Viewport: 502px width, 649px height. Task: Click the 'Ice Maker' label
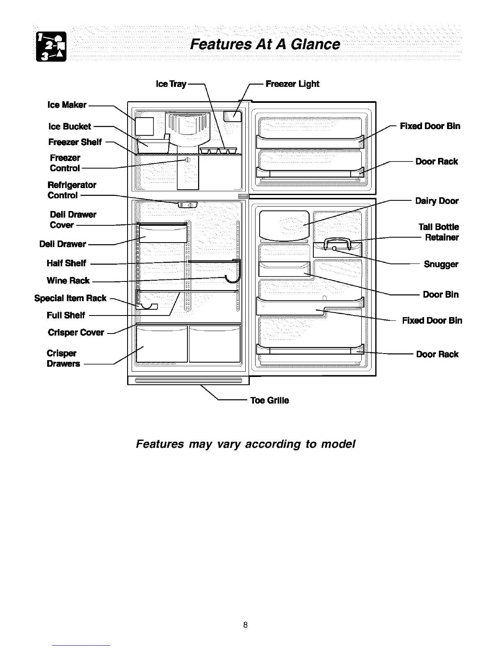pyautogui.click(x=67, y=105)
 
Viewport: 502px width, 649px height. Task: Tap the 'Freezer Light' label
pyautogui.click(x=292, y=84)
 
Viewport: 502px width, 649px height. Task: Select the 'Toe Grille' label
pyautogui.click(x=270, y=400)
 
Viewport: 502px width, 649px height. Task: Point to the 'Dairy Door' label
pyautogui.click(x=437, y=201)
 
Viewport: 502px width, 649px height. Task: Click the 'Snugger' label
pyautogui.click(x=441, y=264)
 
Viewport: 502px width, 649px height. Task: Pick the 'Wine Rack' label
pyautogui.click(x=68, y=280)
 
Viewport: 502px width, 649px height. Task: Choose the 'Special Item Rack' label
pyautogui.click(x=70, y=298)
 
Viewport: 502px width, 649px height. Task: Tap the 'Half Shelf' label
pyautogui.click(x=66, y=263)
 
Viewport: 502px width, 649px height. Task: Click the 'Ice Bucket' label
pyautogui.click(x=70, y=126)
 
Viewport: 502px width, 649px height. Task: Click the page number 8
pyautogui.click(x=245, y=625)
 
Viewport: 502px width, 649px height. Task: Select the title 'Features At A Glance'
pyautogui.click(x=265, y=44)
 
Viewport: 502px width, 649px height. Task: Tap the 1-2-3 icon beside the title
pyautogui.click(x=51, y=47)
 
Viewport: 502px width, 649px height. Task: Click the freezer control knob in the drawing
pyautogui.click(x=188, y=160)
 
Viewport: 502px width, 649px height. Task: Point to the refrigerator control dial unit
pyautogui.click(x=188, y=205)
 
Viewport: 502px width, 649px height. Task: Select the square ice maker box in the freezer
pyautogui.click(x=144, y=126)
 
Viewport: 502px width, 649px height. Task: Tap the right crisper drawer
pyautogui.click(x=214, y=344)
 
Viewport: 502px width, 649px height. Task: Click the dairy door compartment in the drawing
pyautogui.click(x=284, y=225)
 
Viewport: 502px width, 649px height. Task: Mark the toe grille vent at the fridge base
pyautogui.click(x=188, y=380)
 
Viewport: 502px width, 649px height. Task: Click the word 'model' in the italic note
pyautogui.click(x=338, y=444)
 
